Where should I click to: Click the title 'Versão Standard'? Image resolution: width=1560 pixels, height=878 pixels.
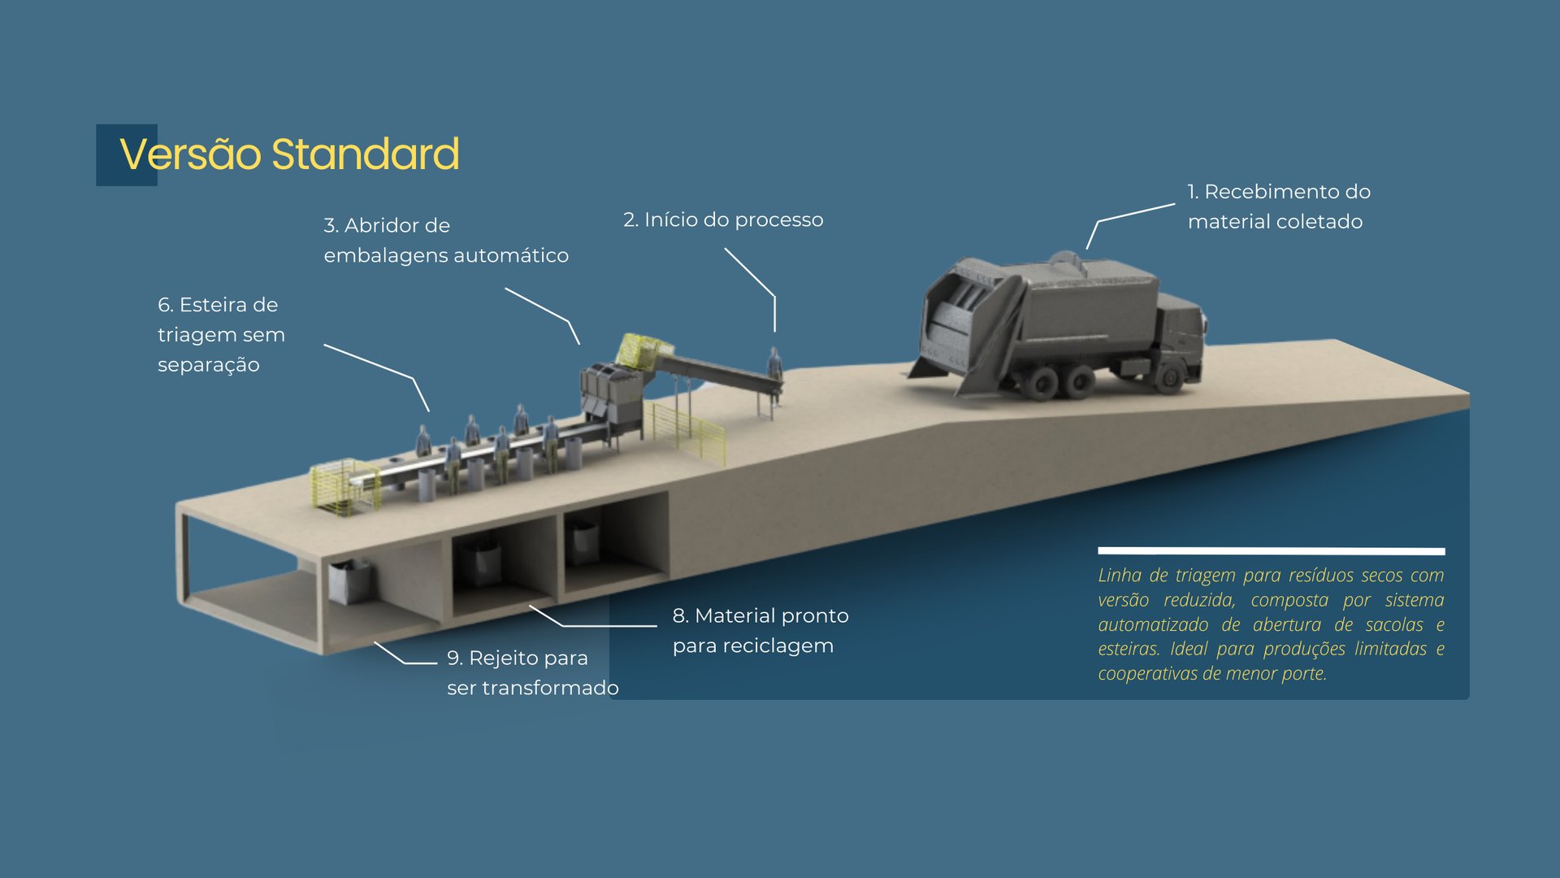click(x=289, y=154)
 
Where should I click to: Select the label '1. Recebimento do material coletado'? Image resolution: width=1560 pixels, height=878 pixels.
click(x=1278, y=206)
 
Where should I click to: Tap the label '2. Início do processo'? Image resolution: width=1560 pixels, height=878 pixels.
click(x=723, y=219)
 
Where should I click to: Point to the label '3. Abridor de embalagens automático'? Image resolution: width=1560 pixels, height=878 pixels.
click(x=445, y=240)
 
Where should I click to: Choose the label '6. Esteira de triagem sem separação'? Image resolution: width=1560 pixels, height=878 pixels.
click(x=221, y=334)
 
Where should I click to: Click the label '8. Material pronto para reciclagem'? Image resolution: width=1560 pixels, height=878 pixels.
click(x=760, y=630)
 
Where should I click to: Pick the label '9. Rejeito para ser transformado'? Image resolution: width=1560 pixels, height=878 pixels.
click(x=532, y=672)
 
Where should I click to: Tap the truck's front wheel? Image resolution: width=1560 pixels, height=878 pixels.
click(x=1170, y=376)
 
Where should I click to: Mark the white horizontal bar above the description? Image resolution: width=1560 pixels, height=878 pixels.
click(x=1271, y=551)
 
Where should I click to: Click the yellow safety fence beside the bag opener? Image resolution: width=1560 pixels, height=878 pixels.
click(x=691, y=431)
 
